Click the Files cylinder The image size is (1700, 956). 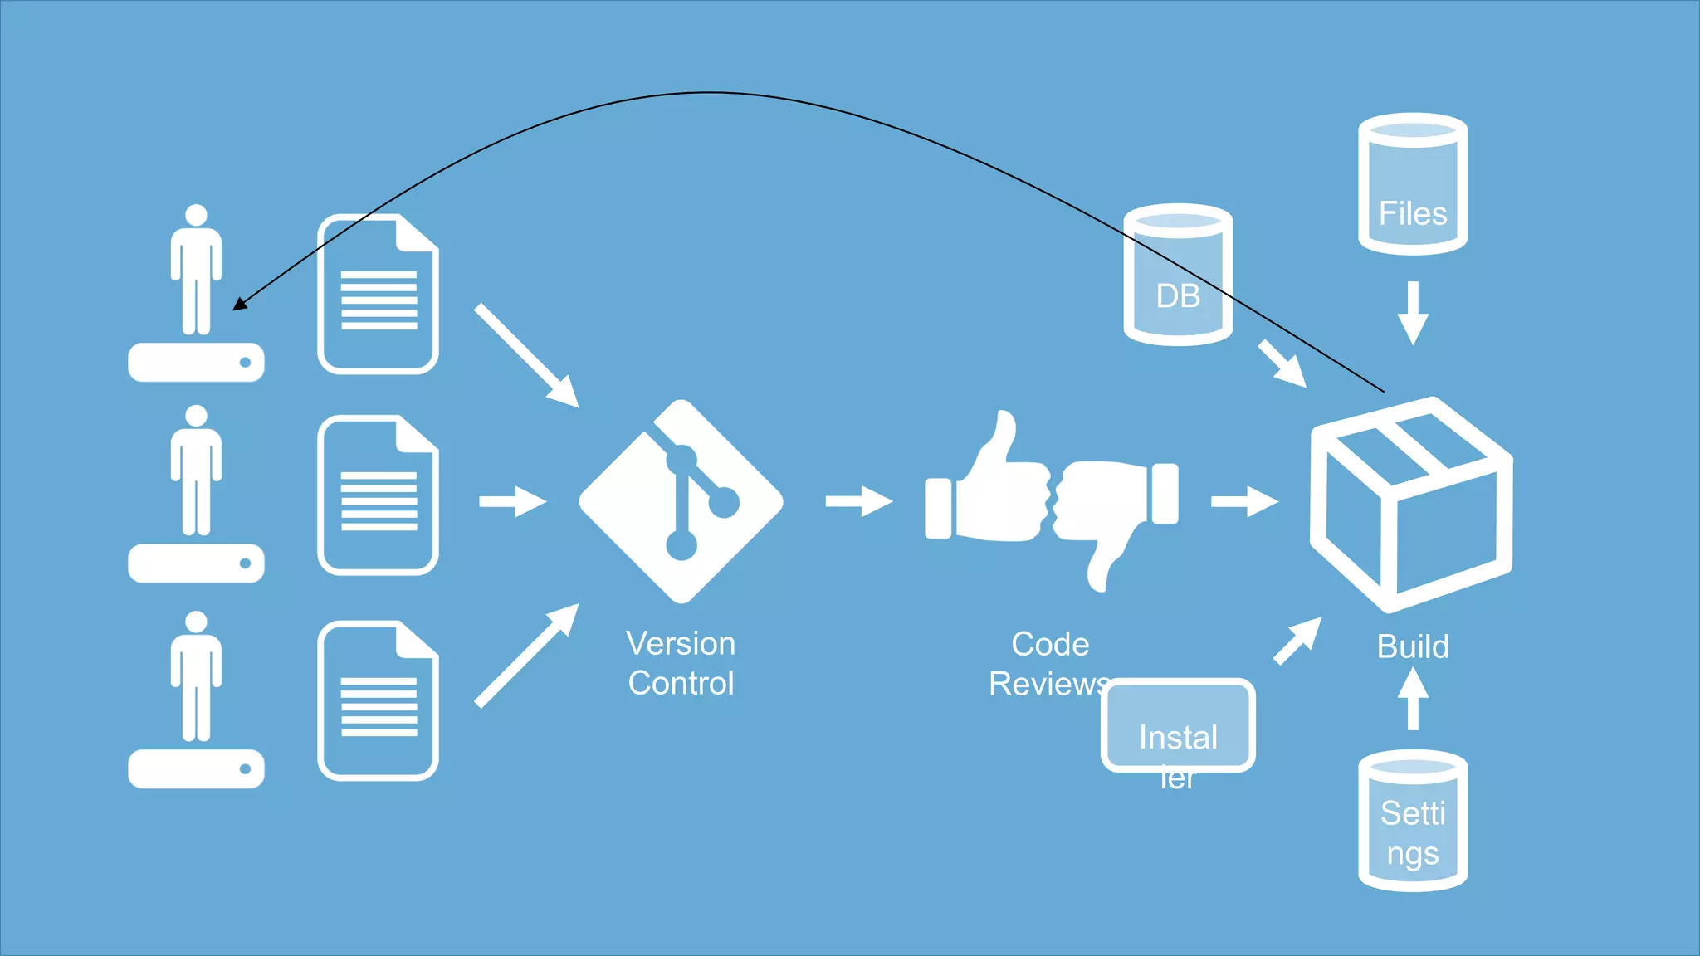[x=1412, y=184]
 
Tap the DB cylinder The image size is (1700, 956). [x=1177, y=276]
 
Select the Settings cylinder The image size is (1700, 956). [x=1412, y=822]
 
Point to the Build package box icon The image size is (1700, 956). [x=1410, y=505]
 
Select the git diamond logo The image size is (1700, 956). [x=681, y=502]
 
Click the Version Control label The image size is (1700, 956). [x=681, y=663]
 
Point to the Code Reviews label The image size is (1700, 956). [x=1049, y=664]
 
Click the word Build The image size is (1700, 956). [x=1412, y=646]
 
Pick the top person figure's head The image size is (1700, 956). [x=196, y=215]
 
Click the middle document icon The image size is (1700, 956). [x=378, y=496]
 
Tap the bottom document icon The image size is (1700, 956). [x=378, y=701]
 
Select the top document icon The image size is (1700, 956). [x=378, y=295]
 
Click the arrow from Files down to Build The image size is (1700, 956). [x=1412, y=313]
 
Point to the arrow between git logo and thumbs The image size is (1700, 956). [x=858, y=501]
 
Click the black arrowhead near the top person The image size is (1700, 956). [x=240, y=304]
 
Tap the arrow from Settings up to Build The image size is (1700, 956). [x=1412, y=699]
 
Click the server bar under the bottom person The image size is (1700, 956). [x=196, y=768]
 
